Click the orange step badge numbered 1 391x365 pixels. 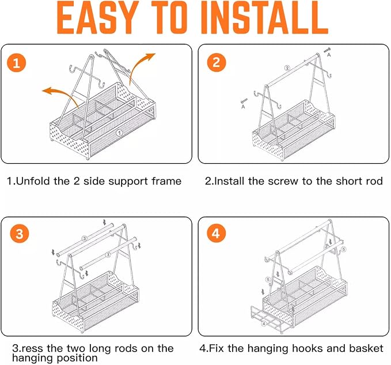17,63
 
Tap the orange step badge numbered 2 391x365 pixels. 217,62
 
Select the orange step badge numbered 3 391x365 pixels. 20,234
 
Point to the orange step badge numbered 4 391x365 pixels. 216,234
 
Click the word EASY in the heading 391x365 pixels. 98,17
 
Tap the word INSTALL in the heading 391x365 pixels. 264,17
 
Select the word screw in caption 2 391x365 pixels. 283,181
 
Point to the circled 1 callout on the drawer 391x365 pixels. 119,133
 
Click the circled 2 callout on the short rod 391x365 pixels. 287,68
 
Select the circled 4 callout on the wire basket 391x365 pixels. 264,324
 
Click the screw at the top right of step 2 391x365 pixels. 327,50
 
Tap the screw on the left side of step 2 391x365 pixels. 244,101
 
